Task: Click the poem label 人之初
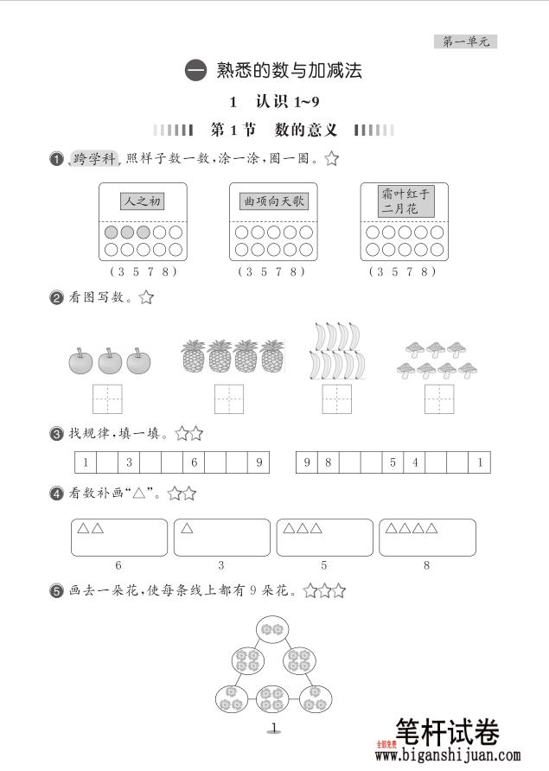(142, 201)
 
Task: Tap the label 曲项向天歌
(273, 201)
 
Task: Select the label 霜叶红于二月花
(405, 201)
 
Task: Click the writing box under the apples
(107, 399)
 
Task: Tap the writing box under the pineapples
(230, 399)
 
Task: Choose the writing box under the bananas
(336, 399)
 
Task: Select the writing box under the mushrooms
(439, 399)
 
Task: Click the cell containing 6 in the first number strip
(194, 462)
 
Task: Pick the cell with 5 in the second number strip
(393, 462)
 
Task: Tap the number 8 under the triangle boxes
(426, 565)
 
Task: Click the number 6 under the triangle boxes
(118, 565)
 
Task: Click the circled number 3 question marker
(56, 434)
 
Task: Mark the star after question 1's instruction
(331, 159)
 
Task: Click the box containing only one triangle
(221, 537)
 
